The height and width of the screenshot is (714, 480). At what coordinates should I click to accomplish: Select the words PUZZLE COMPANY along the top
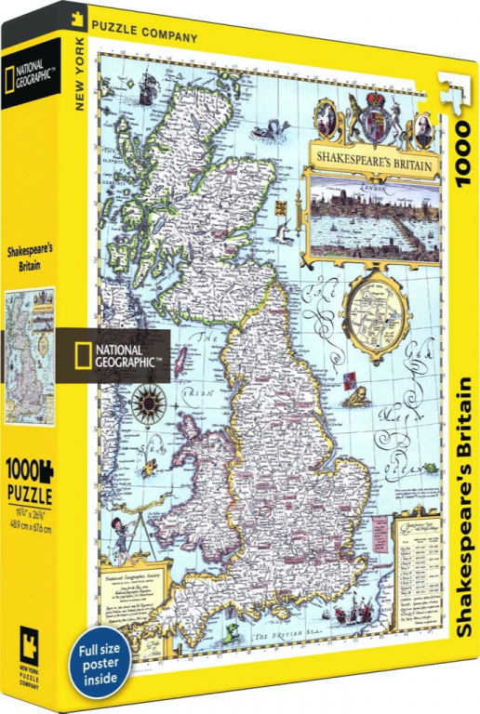(x=156, y=37)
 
